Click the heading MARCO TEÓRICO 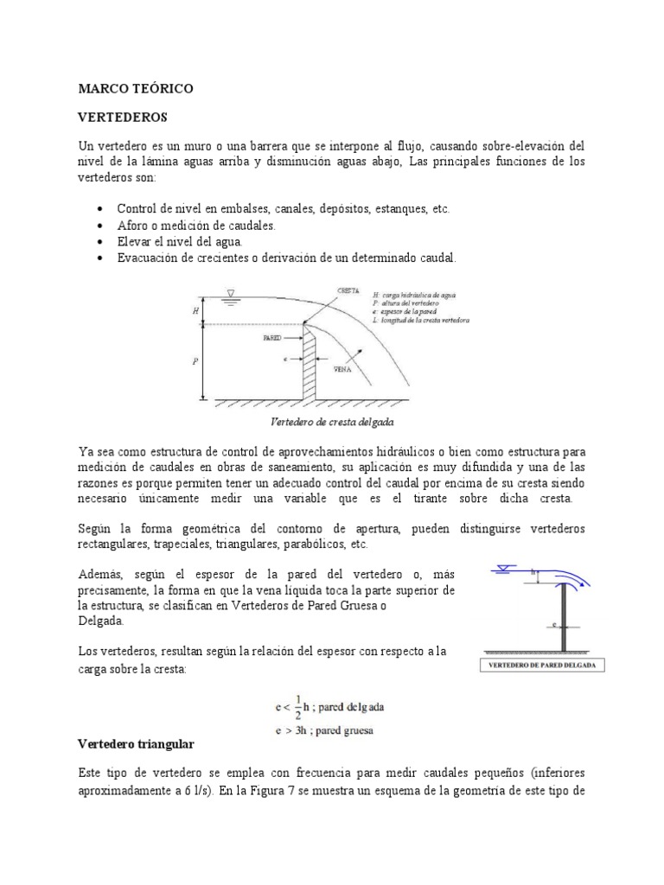(136, 88)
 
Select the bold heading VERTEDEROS (122, 116)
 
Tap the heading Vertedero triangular (137, 743)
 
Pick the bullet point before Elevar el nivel (102, 242)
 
